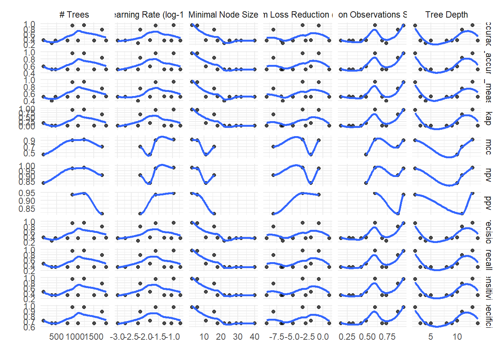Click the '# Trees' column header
pos(74,15)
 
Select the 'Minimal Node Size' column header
pos(223,15)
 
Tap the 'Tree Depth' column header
pos(446,15)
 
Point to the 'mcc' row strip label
pos(488,146)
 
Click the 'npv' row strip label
pos(488,175)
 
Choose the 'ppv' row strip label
pos(488,203)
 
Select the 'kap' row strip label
pos(488,118)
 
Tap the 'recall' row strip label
pos(488,259)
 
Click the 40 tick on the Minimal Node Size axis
pos(254,337)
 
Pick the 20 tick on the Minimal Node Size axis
pos(220,337)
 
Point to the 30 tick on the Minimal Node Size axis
pos(237,337)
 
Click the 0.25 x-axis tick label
pos(347,337)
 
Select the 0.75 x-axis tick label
pos(387,337)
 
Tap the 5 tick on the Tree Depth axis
pos(430,337)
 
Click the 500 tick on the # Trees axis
pos(56,337)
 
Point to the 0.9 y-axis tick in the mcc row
pos(30,141)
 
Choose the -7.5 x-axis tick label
pos(277,337)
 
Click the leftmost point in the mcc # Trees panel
pos(43,154)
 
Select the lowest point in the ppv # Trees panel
pos(102,213)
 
